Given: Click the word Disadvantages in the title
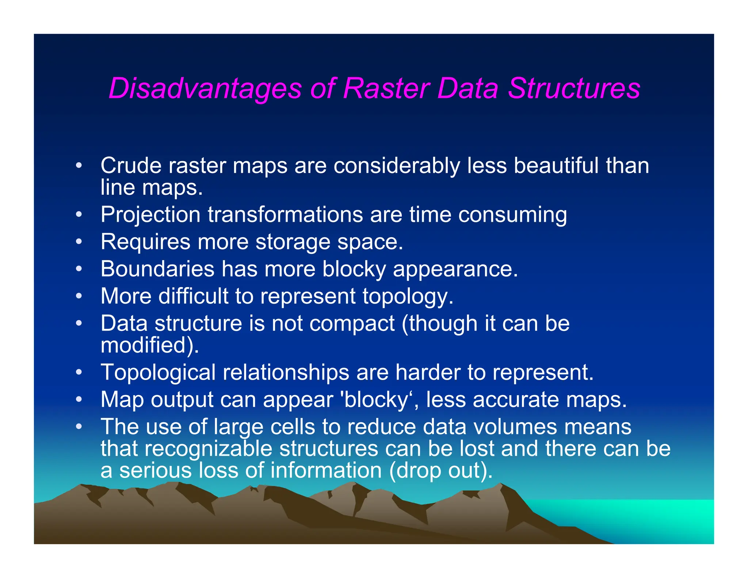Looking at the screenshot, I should [x=205, y=89].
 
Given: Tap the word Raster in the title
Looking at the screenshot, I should [x=386, y=89].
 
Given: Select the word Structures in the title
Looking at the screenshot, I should [x=574, y=89].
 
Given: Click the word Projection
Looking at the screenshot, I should [x=150, y=214].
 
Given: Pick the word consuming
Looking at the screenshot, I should [x=512, y=214].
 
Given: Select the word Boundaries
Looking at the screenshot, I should [x=157, y=269].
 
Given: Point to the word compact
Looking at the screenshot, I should [x=352, y=323].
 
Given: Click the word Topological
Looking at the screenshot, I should [x=158, y=372].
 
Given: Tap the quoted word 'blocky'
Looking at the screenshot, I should [x=376, y=400].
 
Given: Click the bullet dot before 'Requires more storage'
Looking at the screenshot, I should [x=79, y=242].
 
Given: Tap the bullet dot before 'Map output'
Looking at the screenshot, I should [x=79, y=400].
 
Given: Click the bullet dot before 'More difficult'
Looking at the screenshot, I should [x=79, y=296].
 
